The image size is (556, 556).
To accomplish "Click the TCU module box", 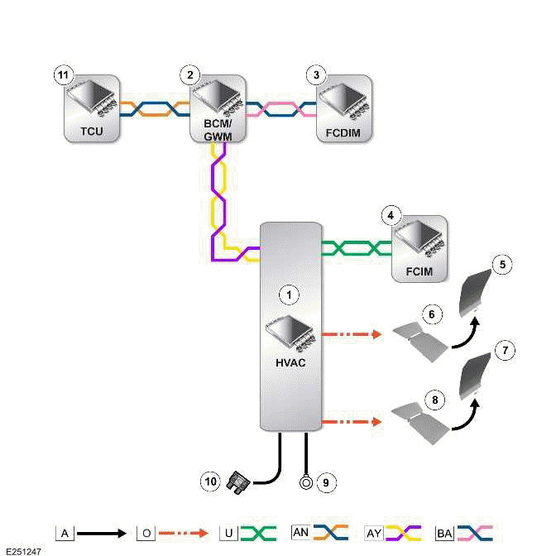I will [x=91, y=109].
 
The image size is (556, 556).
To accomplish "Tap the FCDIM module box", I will [x=344, y=109].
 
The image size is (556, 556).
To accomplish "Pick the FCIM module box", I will [x=419, y=250].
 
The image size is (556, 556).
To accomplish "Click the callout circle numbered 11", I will [x=62, y=75].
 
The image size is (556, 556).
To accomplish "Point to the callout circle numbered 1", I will [x=289, y=293].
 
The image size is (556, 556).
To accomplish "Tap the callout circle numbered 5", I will [x=504, y=265].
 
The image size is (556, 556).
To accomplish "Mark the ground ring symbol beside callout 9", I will [x=306, y=480].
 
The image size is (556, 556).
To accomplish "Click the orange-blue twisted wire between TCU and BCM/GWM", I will [x=155, y=109].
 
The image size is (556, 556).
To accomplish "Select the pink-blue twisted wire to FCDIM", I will [x=281, y=109].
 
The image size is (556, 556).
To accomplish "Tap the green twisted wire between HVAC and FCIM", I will [x=356, y=247].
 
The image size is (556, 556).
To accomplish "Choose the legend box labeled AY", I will [x=375, y=533].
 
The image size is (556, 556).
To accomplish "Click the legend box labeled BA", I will [x=444, y=533].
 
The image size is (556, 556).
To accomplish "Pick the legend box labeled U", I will [x=227, y=533].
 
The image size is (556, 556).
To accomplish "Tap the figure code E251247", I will [x=22, y=549].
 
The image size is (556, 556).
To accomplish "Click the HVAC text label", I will [x=289, y=362].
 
